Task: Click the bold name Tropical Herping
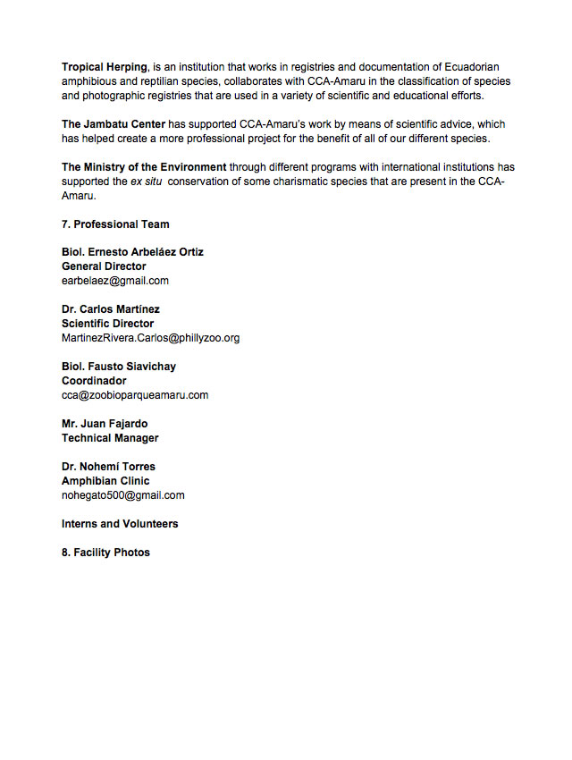(x=104, y=67)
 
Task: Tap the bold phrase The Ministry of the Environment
(x=144, y=167)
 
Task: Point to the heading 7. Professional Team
(x=115, y=224)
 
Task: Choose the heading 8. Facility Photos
(x=105, y=553)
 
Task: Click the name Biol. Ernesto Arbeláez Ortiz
(x=132, y=252)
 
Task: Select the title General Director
(x=104, y=266)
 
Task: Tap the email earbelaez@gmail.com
(x=115, y=281)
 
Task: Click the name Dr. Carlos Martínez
(x=111, y=309)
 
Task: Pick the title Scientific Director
(x=107, y=324)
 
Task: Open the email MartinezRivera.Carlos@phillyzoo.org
(x=150, y=338)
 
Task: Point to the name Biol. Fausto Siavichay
(x=119, y=367)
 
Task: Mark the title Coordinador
(x=94, y=381)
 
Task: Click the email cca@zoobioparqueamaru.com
(x=135, y=395)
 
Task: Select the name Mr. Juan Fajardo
(x=105, y=424)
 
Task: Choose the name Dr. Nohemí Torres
(x=108, y=467)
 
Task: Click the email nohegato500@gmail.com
(x=123, y=495)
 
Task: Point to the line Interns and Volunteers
(x=120, y=524)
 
